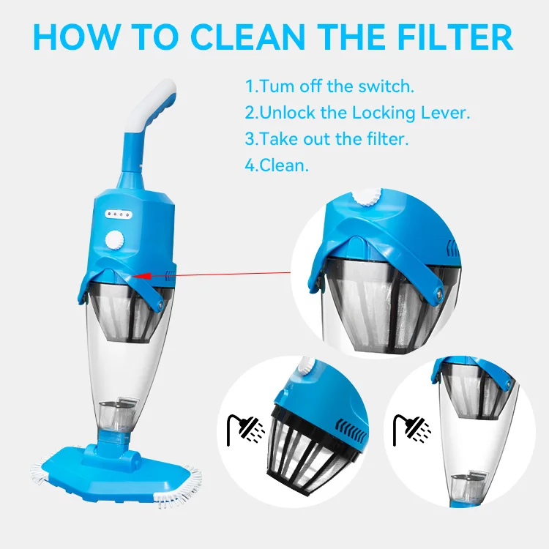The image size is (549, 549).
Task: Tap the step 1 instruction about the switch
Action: (x=329, y=86)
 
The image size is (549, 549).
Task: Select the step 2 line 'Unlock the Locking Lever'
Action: (x=357, y=113)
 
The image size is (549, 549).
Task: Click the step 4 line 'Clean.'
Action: (x=277, y=165)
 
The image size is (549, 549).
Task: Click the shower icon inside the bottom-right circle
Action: (x=404, y=427)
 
